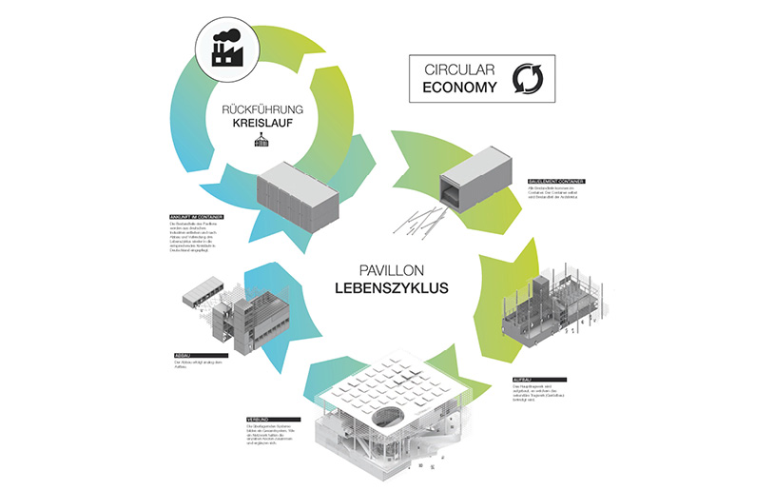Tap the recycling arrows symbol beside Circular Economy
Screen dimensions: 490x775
(526, 80)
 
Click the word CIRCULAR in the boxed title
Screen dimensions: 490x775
(456, 69)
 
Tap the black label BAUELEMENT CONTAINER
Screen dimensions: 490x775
(555, 180)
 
